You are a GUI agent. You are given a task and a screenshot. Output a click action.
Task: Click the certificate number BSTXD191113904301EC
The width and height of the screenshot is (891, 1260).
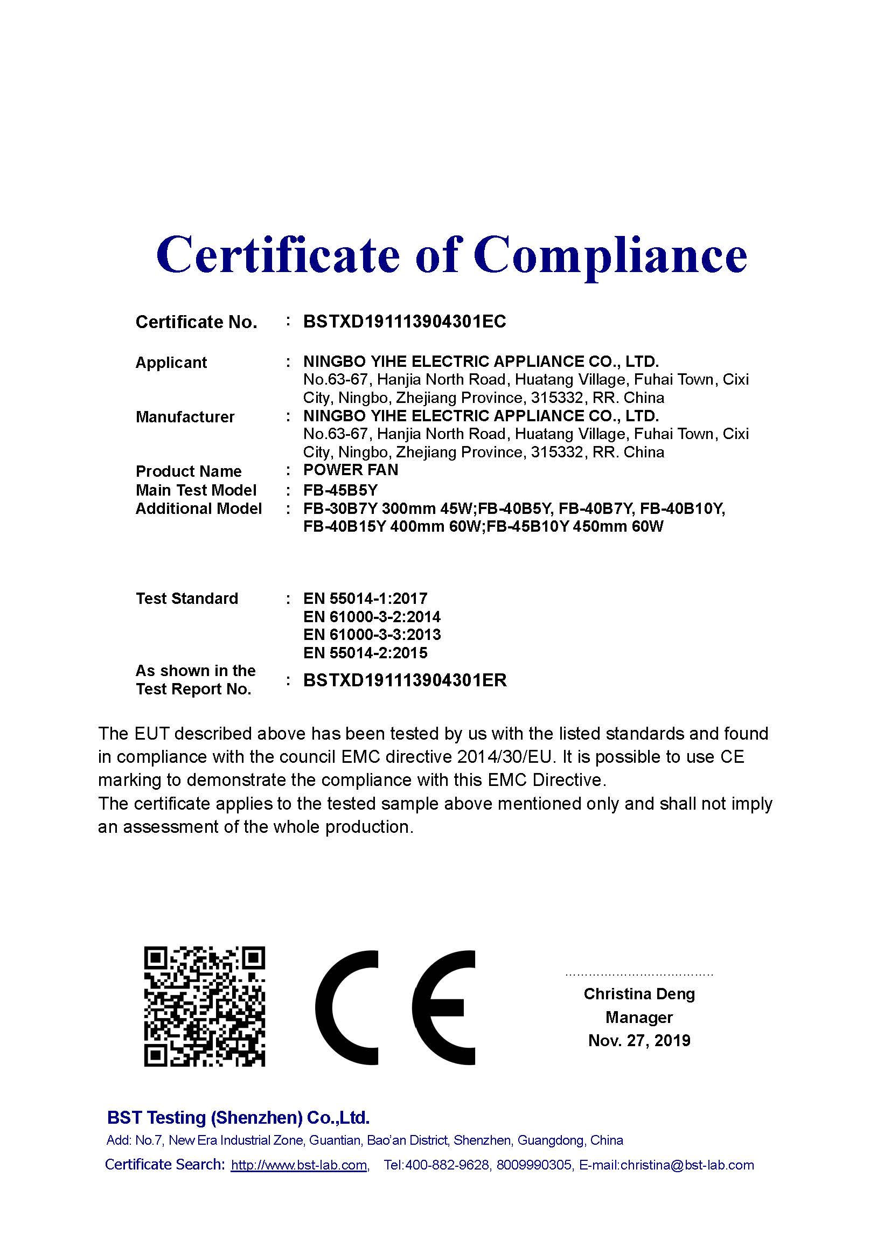405,322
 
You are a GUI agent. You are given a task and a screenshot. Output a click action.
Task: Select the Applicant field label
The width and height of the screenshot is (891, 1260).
171,363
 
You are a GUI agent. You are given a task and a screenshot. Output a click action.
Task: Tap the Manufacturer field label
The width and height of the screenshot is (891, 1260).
185,417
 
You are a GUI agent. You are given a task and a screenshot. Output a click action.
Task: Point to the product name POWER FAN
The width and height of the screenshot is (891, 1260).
351,470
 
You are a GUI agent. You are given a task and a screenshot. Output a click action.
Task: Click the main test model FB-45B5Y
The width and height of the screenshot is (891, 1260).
340,490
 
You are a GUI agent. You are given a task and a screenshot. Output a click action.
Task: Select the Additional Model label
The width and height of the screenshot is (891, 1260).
199,509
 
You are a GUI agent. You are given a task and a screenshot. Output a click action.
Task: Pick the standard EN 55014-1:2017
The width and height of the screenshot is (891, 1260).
365,598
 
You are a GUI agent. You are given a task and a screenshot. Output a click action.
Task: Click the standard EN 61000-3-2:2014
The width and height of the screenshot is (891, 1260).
372,617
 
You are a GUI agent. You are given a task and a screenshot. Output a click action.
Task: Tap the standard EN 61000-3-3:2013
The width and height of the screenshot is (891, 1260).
372,635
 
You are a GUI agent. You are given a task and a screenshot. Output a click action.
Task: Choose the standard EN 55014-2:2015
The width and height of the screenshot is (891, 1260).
365,653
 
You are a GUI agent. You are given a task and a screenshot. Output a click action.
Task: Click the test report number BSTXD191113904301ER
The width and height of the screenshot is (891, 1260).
405,680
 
